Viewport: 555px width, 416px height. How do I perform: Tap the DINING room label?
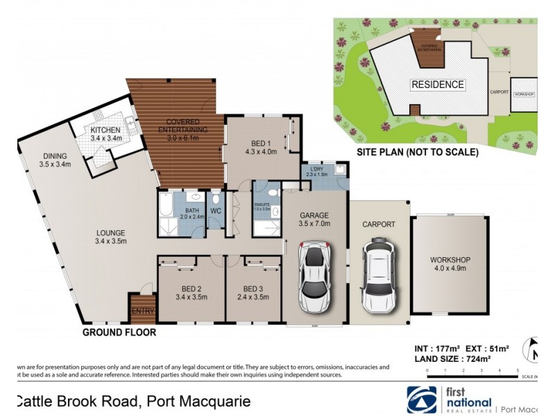[55, 156]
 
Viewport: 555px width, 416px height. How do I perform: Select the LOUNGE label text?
[111, 232]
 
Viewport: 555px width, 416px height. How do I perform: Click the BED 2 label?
[189, 289]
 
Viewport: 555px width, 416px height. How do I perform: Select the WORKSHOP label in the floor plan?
[450, 260]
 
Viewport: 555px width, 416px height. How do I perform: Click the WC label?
[215, 210]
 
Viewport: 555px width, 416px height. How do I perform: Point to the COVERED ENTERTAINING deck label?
[182, 125]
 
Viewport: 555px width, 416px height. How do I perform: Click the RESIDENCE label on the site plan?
[438, 85]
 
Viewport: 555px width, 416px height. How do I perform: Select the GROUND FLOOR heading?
[119, 332]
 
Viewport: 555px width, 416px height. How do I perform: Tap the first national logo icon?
[421, 399]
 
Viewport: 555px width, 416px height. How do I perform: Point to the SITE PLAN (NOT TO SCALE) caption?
[417, 152]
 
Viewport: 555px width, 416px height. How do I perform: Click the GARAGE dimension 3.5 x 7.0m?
[314, 224]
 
